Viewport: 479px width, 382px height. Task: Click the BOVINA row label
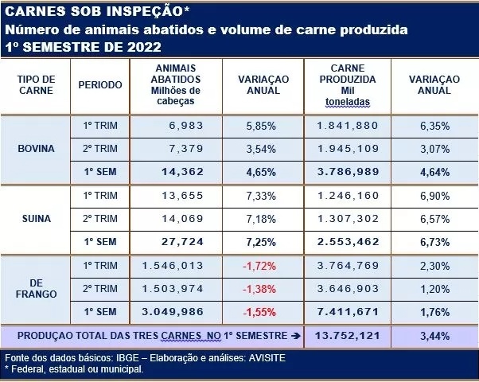click(x=36, y=148)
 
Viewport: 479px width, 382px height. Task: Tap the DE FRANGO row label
click(x=36, y=290)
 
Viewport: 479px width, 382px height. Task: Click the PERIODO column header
click(x=101, y=85)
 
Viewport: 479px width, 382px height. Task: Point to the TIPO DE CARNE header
click(x=36, y=85)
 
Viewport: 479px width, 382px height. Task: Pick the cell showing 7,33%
click(x=259, y=196)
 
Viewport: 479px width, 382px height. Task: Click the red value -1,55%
click(x=258, y=311)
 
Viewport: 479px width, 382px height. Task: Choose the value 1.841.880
click(x=346, y=126)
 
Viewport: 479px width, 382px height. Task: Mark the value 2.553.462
click(x=346, y=241)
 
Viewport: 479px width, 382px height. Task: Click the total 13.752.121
click(x=346, y=336)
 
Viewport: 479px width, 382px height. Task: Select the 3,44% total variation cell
click(x=434, y=336)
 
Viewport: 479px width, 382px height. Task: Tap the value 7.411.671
click(x=346, y=311)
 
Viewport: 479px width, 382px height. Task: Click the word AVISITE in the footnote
click(x=263, y=357)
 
